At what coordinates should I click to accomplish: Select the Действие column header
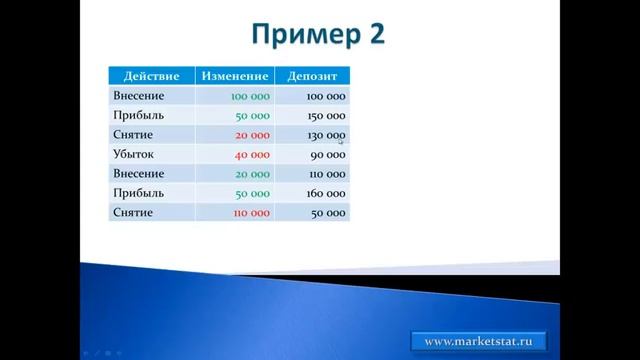151,76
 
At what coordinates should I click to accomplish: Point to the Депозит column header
312,76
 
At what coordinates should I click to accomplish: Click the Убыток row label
134,154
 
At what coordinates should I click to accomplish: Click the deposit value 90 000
328,155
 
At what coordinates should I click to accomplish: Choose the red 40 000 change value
252,155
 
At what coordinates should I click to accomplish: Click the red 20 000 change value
252,135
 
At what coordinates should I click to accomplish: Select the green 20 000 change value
252,174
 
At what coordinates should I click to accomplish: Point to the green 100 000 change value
250,97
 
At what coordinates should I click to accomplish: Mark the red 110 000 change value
250,213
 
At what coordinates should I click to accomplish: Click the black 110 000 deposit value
326,174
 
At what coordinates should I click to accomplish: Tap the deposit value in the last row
328,213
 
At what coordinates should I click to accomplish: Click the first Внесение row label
139,96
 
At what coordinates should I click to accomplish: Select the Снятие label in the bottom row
134,212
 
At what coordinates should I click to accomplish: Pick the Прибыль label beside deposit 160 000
138,193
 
